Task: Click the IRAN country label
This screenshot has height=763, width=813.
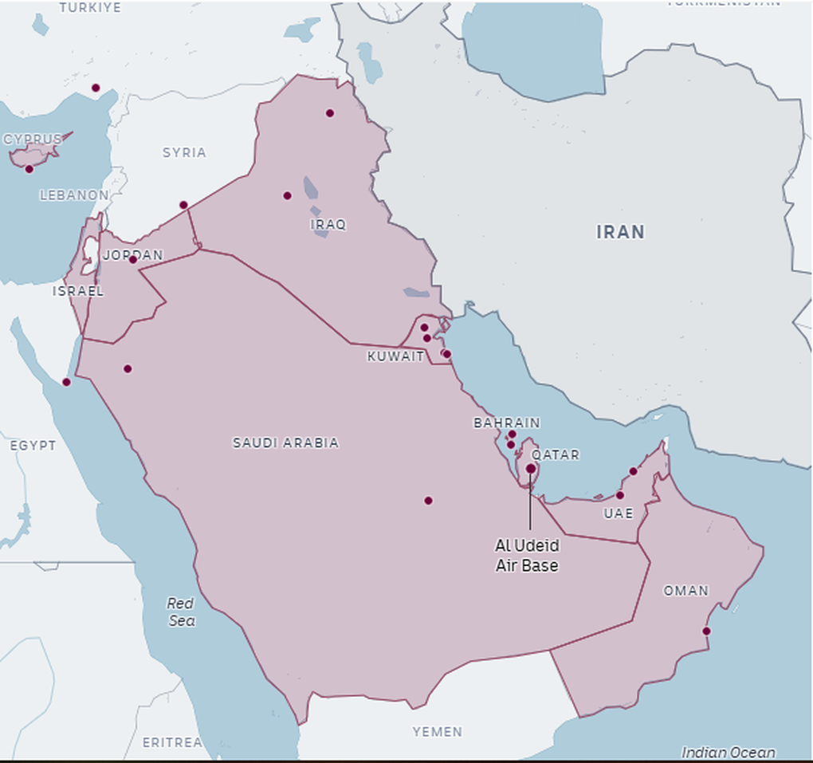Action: tap(620, 232)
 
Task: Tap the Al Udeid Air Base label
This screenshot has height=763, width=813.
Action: tap(527, 556)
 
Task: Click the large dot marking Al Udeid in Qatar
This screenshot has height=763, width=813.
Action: tap(531, 469)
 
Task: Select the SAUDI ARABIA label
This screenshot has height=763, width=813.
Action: tap(285, 442)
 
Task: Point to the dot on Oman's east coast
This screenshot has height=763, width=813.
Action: tap(706, 631)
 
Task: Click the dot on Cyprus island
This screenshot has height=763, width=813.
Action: tap(29, 169)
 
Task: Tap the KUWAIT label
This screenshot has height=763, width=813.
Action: tap(395, 356)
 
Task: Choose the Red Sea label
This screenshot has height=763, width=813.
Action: tap(182, 612)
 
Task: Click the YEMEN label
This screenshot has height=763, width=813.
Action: tap(437, 731)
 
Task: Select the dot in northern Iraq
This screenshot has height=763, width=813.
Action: tap(330, 113)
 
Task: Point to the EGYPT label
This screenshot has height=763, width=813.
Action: tap(33, 445)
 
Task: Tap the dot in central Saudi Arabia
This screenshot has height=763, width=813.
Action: tap(428, 501)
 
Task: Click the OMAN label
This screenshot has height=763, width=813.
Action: tap(685, 591)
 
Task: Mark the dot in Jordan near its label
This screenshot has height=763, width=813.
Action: tap(133, 260)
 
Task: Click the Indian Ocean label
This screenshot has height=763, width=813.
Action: tap(728, 752)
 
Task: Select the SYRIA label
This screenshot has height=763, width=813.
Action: tap(184, 152)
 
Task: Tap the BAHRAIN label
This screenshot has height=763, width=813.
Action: tap(506, 423)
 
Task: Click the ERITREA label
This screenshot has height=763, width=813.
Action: tap(171, 742)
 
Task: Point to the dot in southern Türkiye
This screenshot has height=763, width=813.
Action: tap(96, 88)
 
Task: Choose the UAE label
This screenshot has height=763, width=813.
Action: tap(618, 513)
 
